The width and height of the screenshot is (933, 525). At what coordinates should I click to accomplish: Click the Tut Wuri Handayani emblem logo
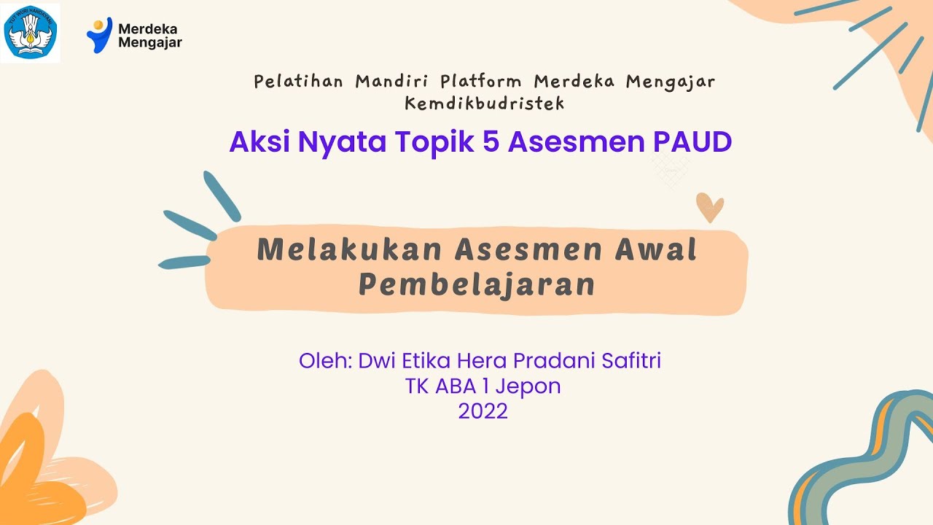click(x=31, y=33)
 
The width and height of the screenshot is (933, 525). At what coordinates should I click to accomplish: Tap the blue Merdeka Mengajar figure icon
click(x=98, y=35)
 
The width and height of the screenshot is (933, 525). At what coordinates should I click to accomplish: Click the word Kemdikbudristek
click(x=485, y=104)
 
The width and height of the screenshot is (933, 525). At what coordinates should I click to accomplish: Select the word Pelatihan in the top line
click(x=298, y=81)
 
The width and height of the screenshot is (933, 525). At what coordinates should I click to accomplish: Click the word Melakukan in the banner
click(x=350, y=250)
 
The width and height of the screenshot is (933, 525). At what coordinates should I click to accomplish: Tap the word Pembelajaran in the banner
click(x=477, y=284)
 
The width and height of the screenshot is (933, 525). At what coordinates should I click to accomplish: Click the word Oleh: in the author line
click(x=325, y=360)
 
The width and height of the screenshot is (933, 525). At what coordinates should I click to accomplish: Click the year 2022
click(x=483, y=411)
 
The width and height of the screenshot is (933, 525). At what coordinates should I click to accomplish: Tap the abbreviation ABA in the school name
click(x=457, y=386)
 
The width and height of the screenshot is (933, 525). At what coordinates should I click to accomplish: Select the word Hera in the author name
click(x=484, y=360)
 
